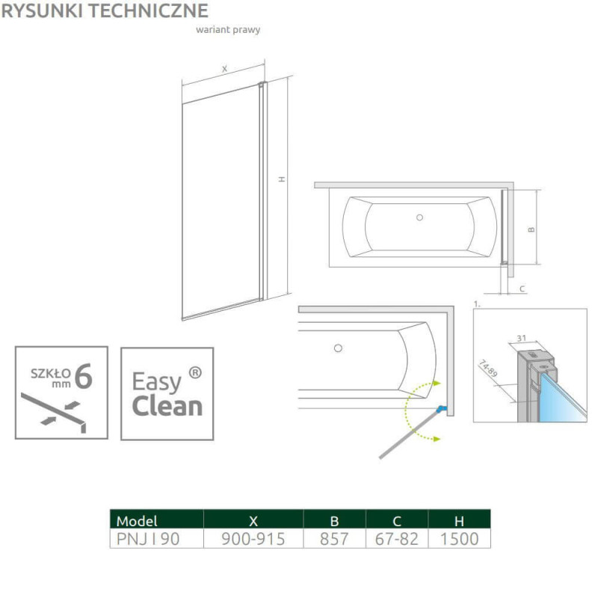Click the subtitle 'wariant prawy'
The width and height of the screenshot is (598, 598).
tap(228, 30)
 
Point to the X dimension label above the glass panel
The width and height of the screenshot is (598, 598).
tap(225, 69)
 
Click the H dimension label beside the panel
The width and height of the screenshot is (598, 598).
tap(282, 179)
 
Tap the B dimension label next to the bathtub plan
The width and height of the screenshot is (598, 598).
tap(531, 229)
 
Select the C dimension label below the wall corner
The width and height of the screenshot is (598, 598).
tap(523, 289)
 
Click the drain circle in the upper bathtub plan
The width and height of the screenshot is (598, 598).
tap(419, 218)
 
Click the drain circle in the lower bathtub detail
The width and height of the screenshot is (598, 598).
tap(338, 348)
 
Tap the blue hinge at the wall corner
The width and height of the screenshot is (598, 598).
tap(441, 409)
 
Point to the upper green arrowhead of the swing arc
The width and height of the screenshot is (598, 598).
tap(437, 383)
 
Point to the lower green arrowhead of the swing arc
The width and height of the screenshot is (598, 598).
tap(437, 439)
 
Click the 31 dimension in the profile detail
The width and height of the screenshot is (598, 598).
tap(521, 338)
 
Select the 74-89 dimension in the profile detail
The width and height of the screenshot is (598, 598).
tap(488, 368)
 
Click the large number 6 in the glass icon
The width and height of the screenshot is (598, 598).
tap(84, 377)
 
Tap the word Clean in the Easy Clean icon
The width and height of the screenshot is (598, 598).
tap(167, 406)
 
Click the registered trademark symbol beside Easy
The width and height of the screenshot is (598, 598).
tap(195, 372)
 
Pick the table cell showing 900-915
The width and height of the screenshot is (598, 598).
tap(253, 539)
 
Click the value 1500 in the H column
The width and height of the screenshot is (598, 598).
tap(459, 539)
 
